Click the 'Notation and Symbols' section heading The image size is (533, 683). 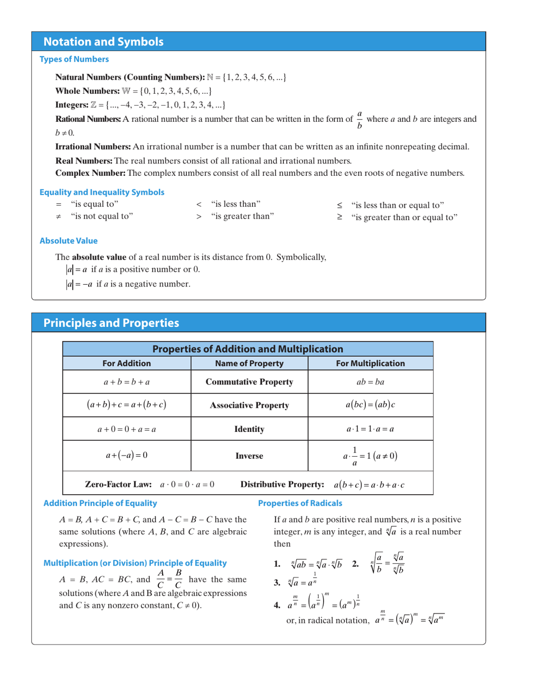(104, 42)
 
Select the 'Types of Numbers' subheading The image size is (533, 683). (73, 59)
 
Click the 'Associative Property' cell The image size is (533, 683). (249, 405)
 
